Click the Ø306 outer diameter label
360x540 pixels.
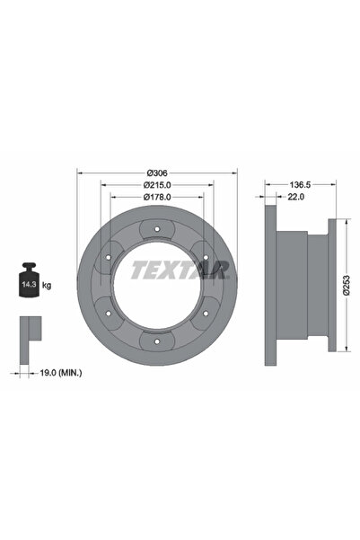click(159, 172)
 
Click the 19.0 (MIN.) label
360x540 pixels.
click(59, 370)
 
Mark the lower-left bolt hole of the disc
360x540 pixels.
click(109, 314)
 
